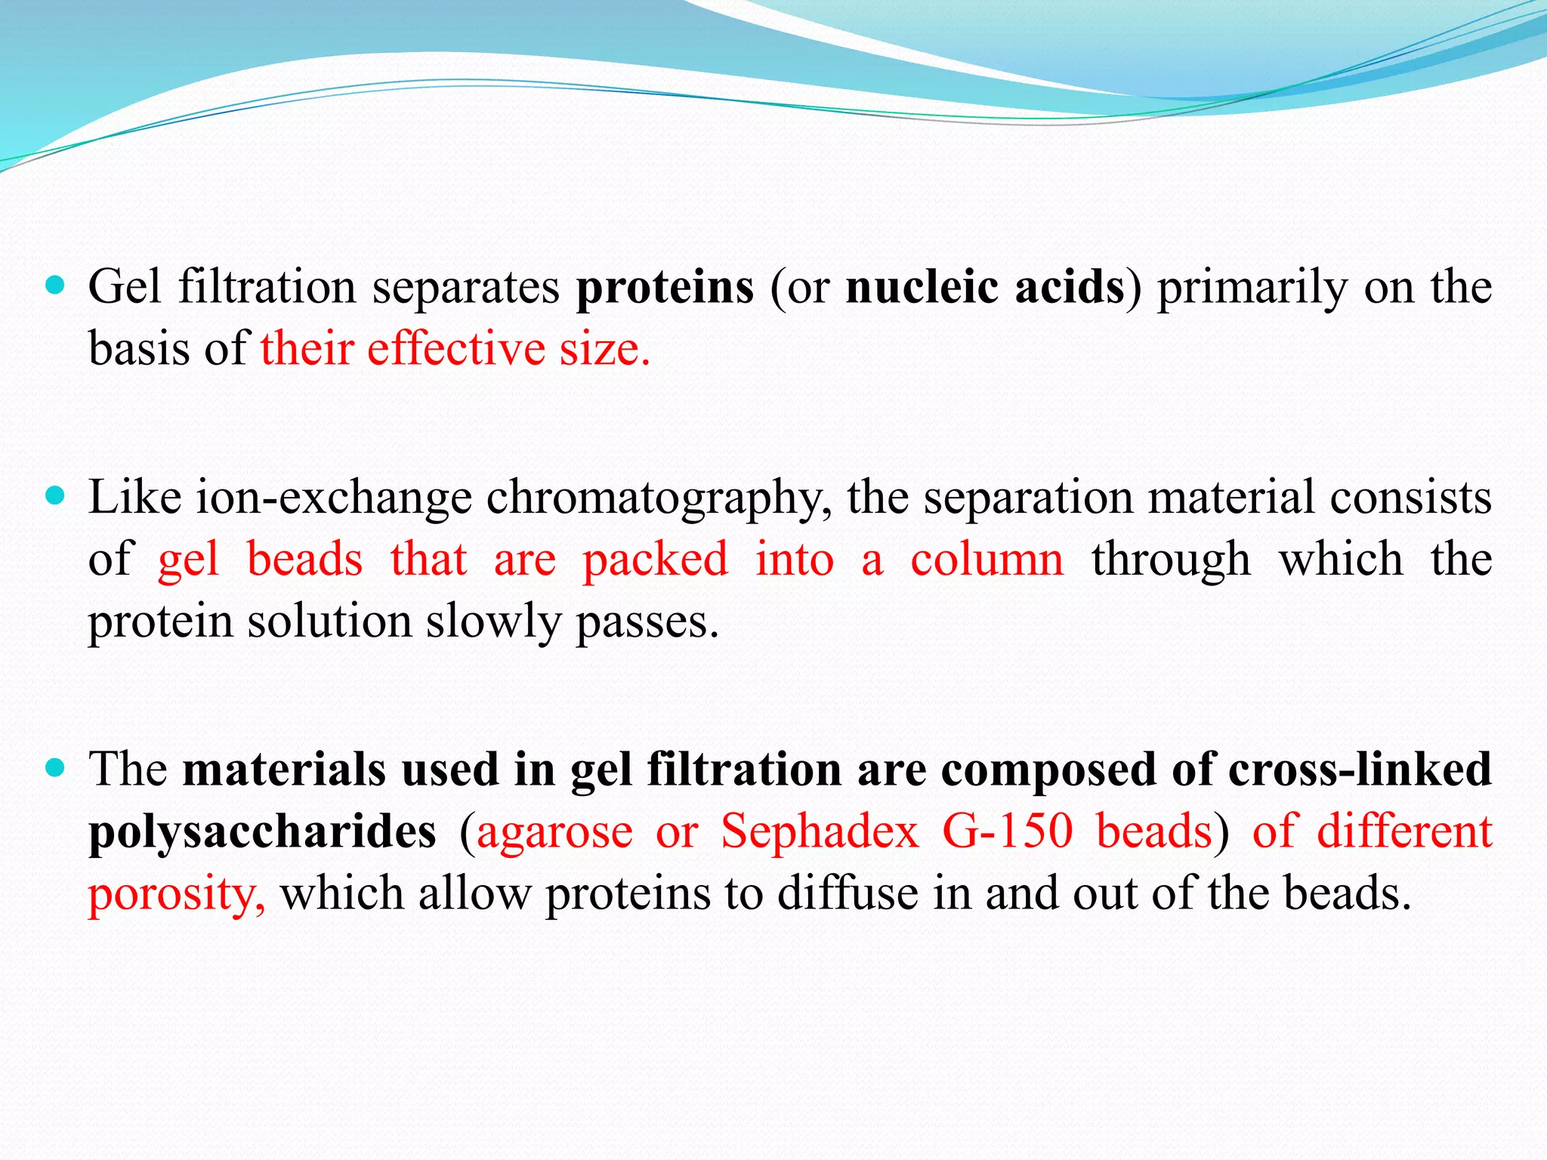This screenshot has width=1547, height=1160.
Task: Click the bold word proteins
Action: (665, 288)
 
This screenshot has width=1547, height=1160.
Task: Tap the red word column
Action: (987, 560)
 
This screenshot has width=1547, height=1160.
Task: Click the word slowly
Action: (493, 622)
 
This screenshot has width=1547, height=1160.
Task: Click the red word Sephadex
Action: (820, 832)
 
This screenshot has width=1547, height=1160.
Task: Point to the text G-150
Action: (1007, 832)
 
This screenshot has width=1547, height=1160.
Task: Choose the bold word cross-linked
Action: (1360, 770)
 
